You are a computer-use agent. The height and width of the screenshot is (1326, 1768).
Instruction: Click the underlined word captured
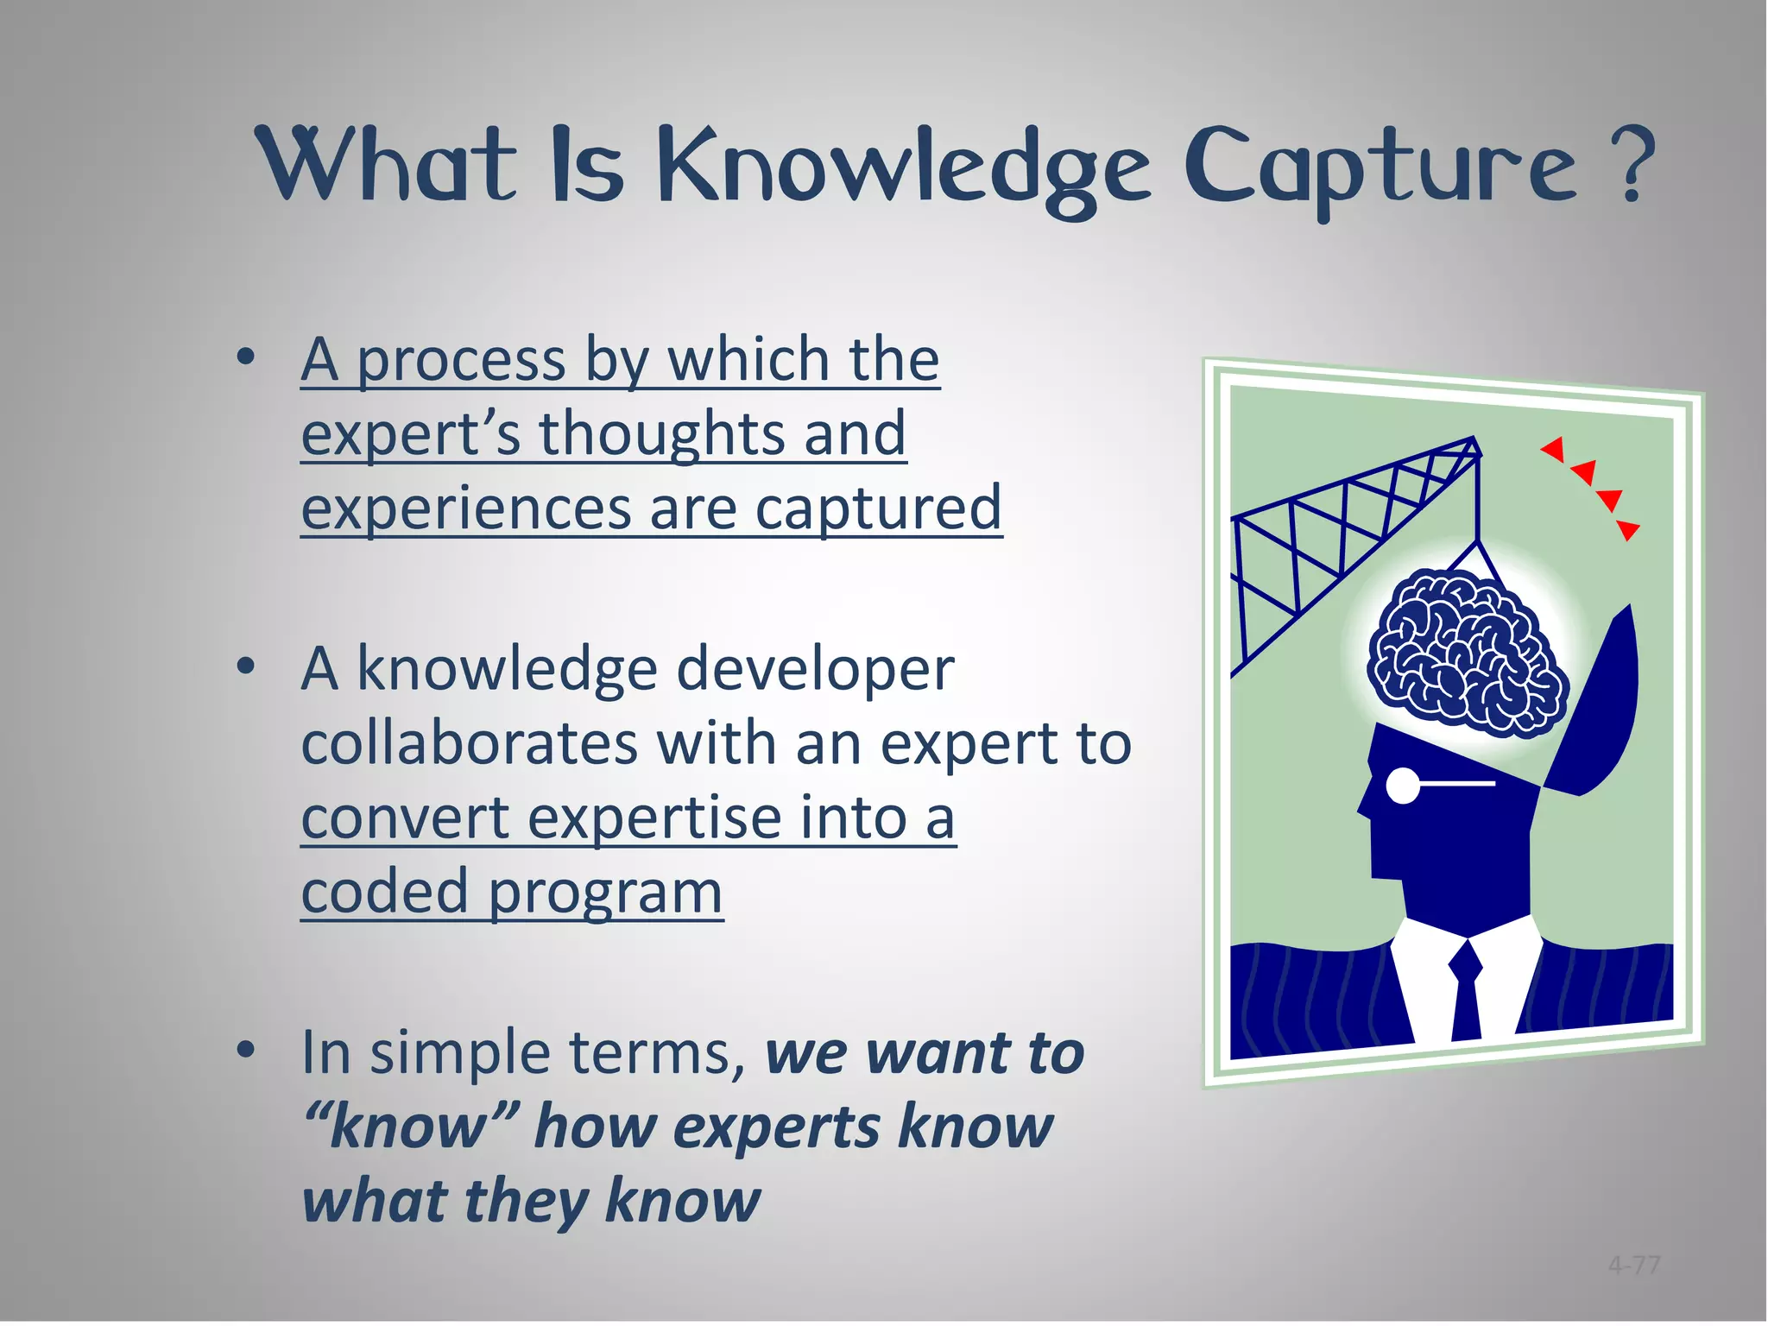tap(878, 508)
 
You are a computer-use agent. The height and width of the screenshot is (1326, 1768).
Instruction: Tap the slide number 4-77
tap(1633, 1266)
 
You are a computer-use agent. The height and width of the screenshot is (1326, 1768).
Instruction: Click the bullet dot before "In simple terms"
tap(247, 1049)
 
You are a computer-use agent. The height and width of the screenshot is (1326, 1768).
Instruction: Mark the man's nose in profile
tap(1365, 808)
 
